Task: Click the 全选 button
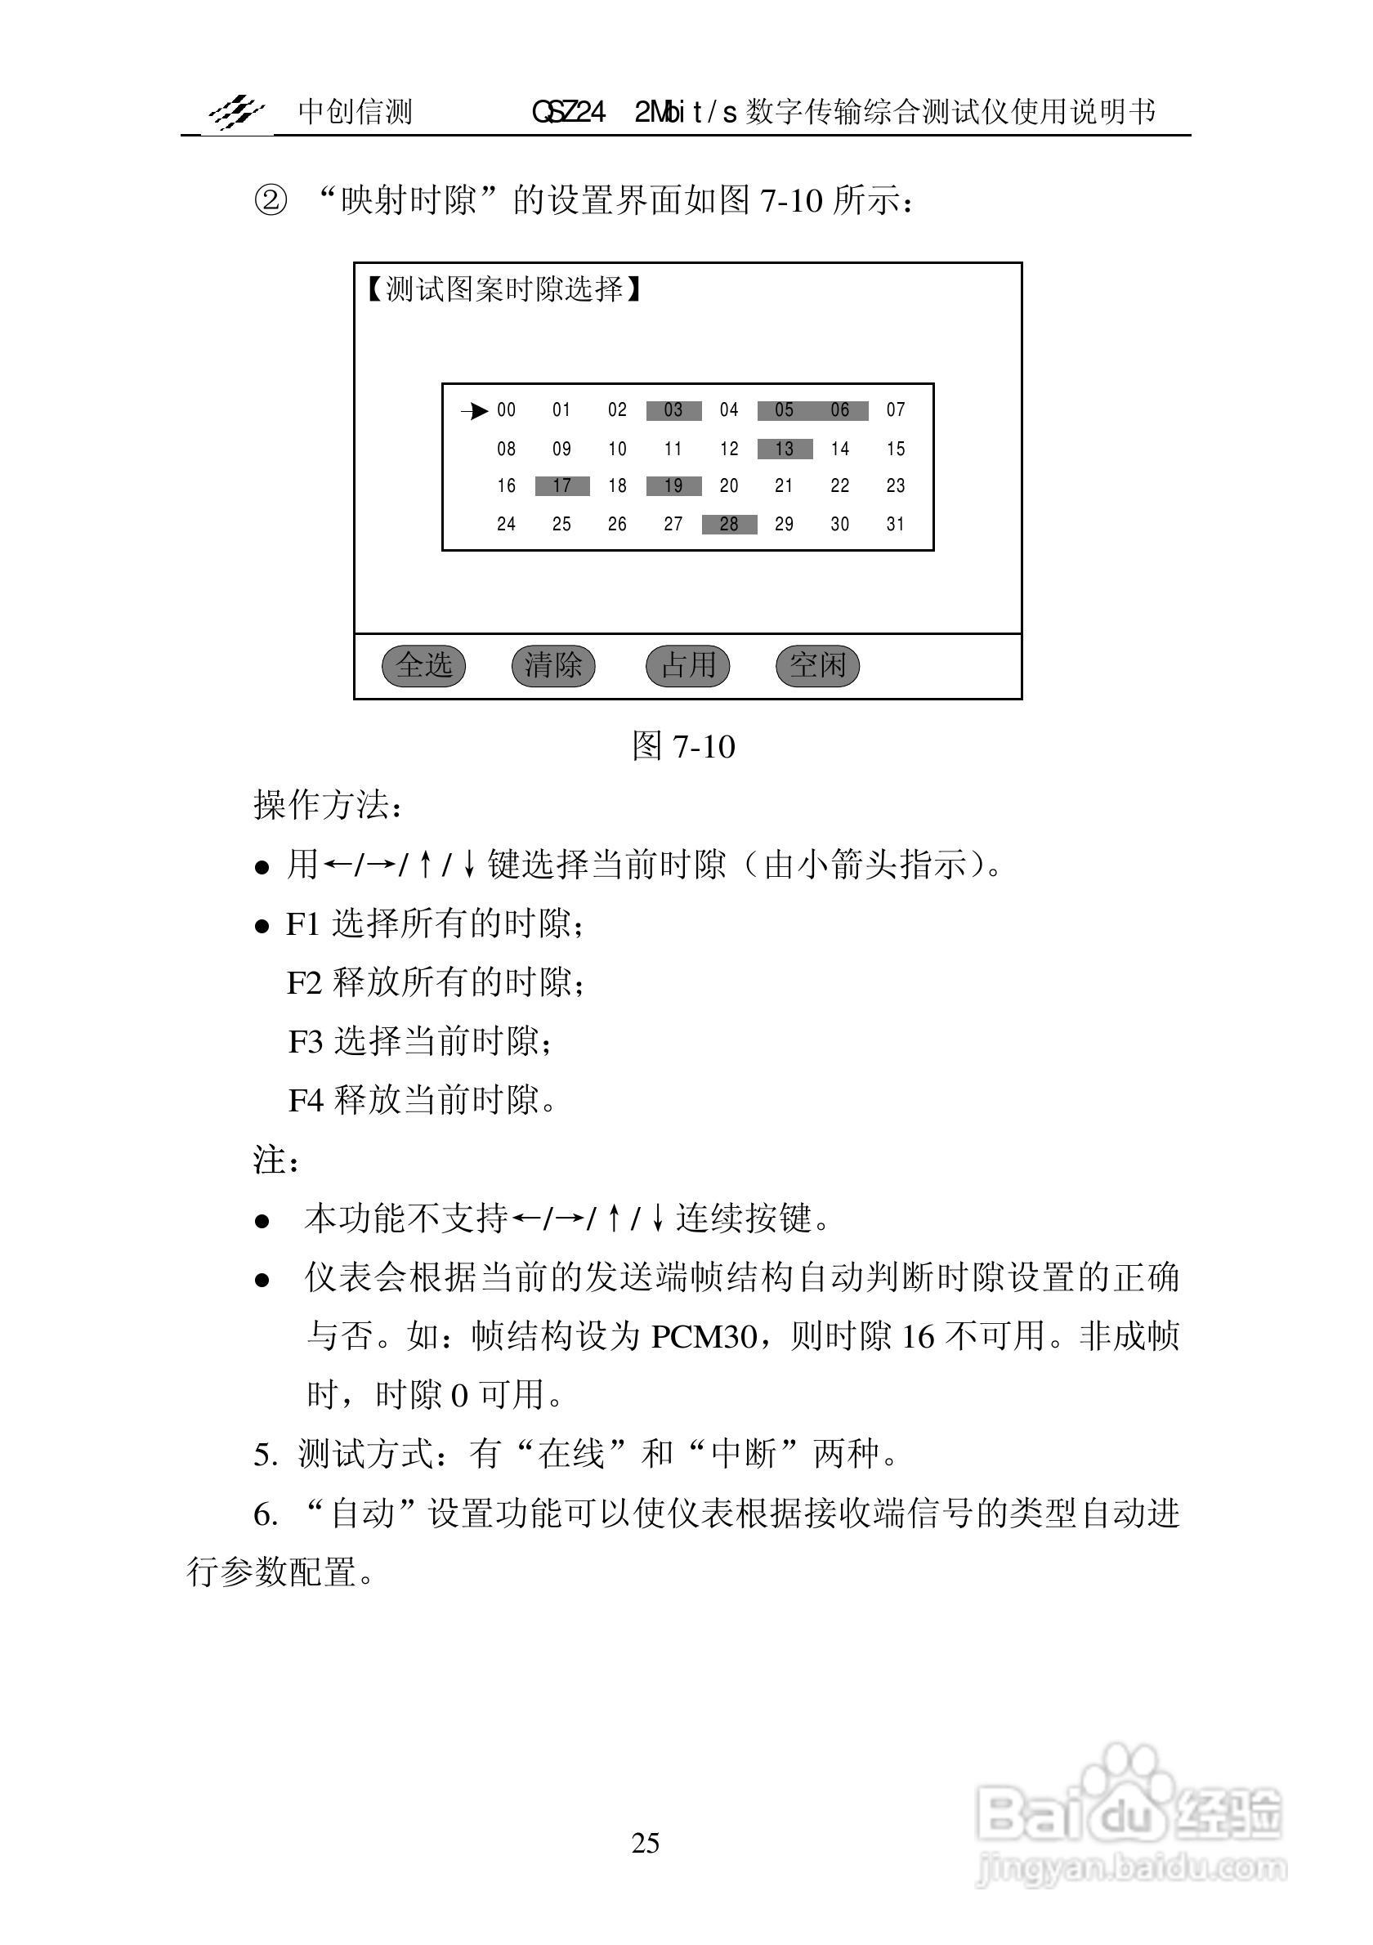(x=423, y=665)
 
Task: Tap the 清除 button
(x=553, y=665)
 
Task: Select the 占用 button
(x=687, y=665)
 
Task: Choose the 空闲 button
(x=817, y=665)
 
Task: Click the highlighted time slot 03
(x=673, y=411)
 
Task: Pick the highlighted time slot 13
(x=785, y=449)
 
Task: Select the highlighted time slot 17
(x=561, y=486)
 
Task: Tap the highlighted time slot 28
(x=729, y=525)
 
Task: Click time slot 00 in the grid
(x=507, y=411)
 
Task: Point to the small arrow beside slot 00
(x=475, y=412)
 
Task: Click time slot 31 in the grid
(x=895, y=525)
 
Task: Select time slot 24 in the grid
(x=507, y=525)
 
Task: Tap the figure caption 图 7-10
(x=683, y=747)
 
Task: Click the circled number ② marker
(x=271, y=202)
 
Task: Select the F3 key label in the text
(x=305, y=1042)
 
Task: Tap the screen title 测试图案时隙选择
(x=504, y=290)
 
